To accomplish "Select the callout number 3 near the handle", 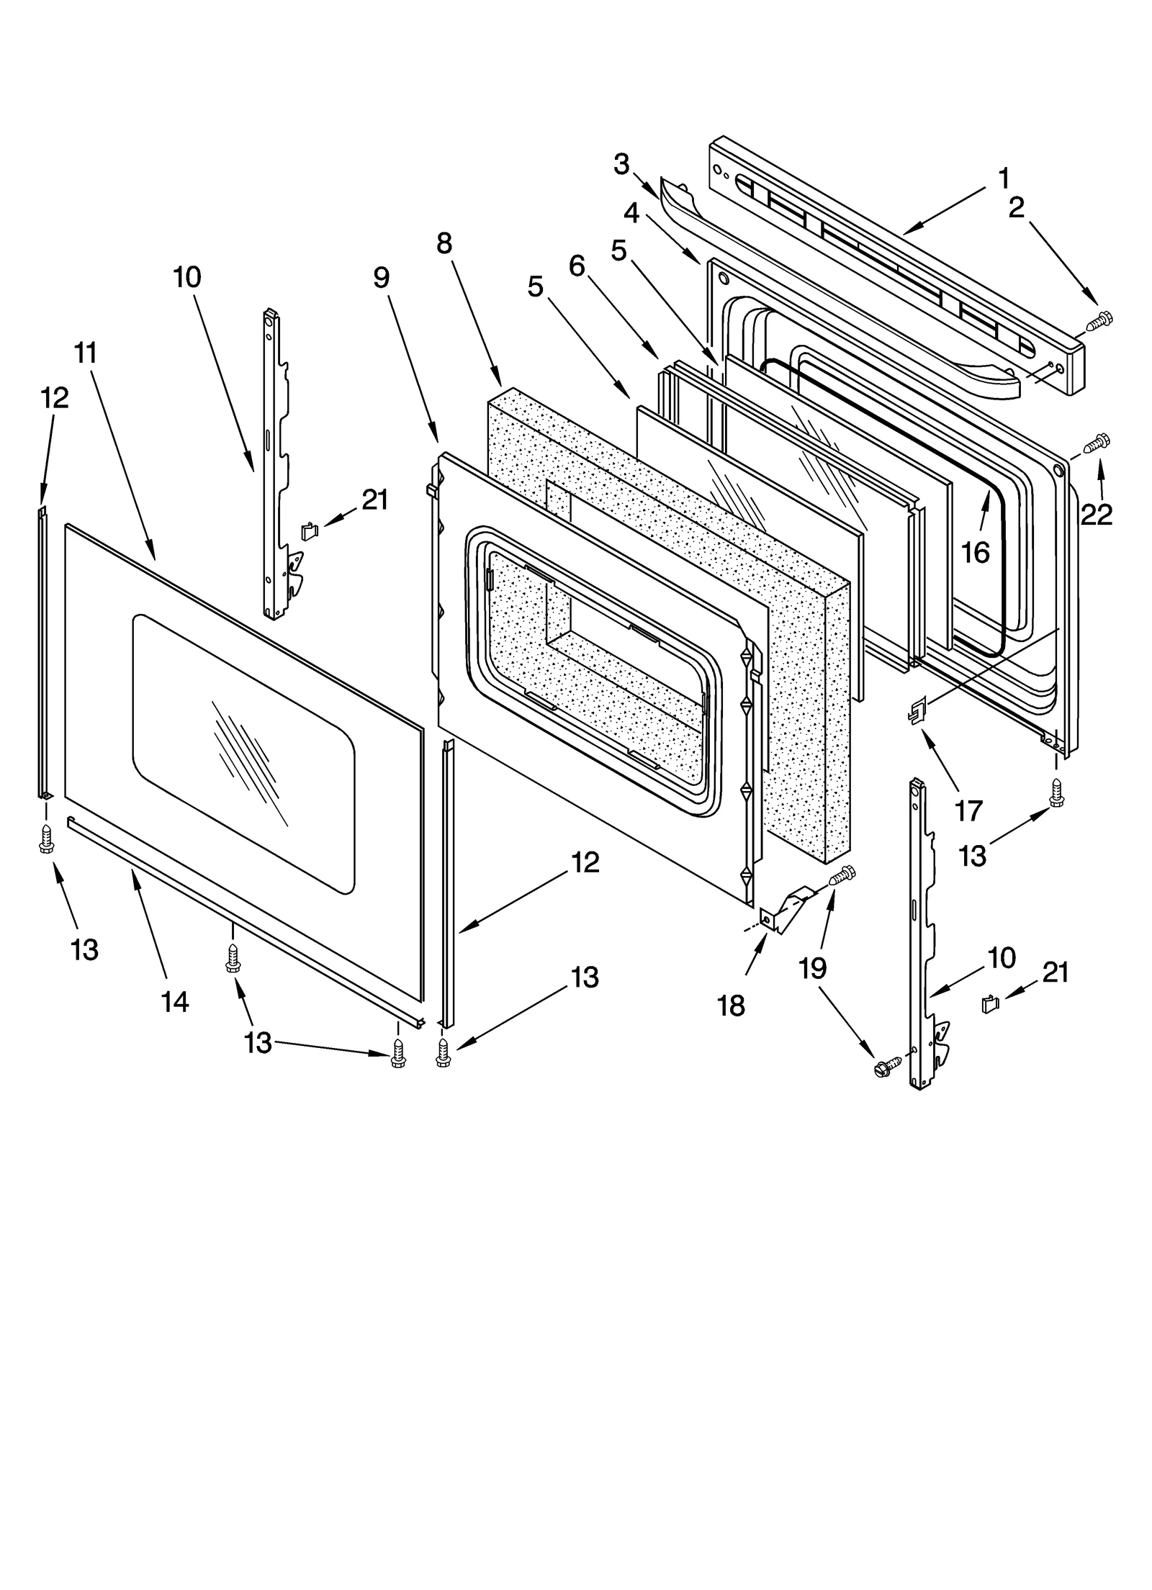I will coord(621,164).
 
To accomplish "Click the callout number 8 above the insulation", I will coord(444,243).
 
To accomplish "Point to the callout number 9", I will coord(382,277).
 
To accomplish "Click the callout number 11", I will coord(85,353).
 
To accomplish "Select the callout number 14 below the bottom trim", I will coord(175,1001).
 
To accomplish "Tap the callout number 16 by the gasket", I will coord(976,553).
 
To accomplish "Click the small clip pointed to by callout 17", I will coord(916,713).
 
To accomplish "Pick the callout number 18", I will coord(731,1006).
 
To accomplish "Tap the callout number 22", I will coord(1097,514).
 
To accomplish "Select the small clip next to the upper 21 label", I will coord(308,531).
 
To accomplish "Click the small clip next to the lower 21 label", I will coord(991,1003).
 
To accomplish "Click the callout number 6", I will coord(577,266).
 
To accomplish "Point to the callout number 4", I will coord(631,212).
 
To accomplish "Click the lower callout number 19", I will coord(812,968).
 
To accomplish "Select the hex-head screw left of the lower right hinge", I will coord(885,1068).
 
